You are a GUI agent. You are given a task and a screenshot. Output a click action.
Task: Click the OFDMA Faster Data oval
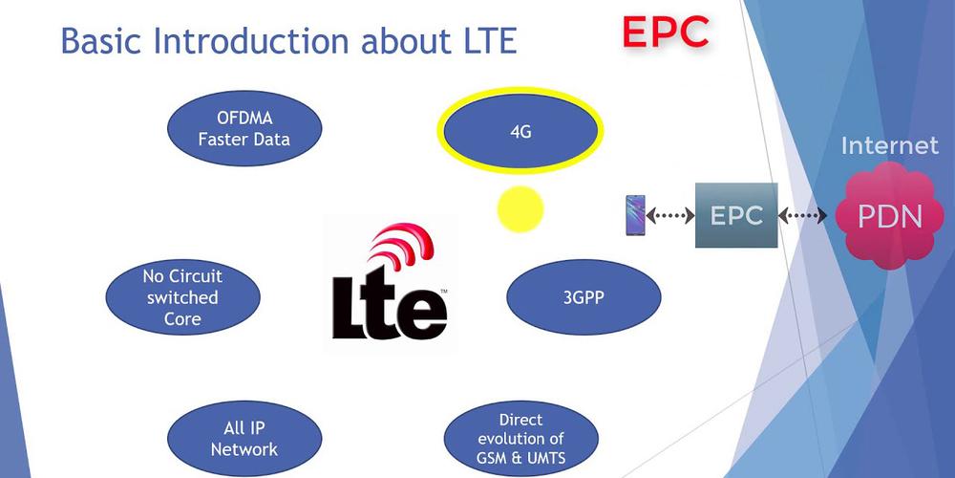(x=244, y=129)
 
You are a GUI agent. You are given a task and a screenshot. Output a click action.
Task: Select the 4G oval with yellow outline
(x=520, y=132)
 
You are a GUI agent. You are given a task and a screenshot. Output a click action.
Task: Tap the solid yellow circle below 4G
(x=520, y=208)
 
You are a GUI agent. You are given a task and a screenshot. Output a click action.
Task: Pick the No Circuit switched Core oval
(x=182, y=296)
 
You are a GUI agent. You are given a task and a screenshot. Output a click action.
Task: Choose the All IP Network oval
(x=244, y=439)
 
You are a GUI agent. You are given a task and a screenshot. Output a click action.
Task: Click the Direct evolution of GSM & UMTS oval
(x=520, y=439)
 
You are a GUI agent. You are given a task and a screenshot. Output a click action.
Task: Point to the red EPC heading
(x=666, y=32)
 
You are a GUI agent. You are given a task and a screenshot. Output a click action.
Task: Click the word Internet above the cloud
(x=889, y=146)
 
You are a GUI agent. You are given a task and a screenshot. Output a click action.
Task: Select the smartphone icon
(x=634, y=215)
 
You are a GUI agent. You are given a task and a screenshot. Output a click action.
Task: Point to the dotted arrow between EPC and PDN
(x=803, y=217)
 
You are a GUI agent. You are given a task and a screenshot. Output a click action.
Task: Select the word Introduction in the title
(x=252, y=41)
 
